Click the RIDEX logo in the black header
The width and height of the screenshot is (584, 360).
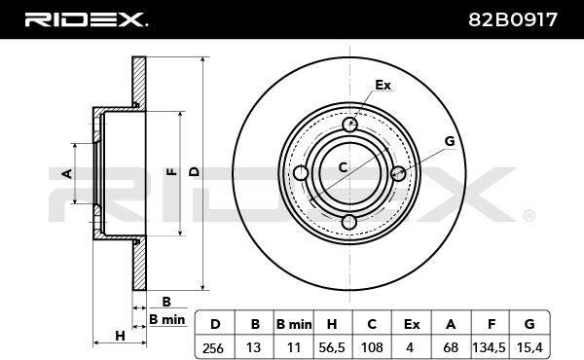pyautogui.click(x=86, y=19)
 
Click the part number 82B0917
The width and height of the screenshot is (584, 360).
pyautogui.click(x=513, y=19)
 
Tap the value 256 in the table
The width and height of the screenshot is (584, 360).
pyautogui.click(x=213, y=348)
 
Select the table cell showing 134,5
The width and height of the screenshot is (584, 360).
pyautogui.click(x=489, y=347)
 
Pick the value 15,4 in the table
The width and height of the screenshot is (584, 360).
pyautogui.click(x=529, y=347)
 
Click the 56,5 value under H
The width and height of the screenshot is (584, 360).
pyautogui.click(x=332, y=347)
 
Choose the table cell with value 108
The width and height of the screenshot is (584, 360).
pyautogui.click(x=372, y=347)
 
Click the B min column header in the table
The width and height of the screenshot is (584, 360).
pyautogui.click(x=294, y=324)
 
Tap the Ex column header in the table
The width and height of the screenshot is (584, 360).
pyautogui.click(x=412, y=324)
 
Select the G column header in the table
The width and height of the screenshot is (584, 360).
pyautogui.click(x=529, y=324)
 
